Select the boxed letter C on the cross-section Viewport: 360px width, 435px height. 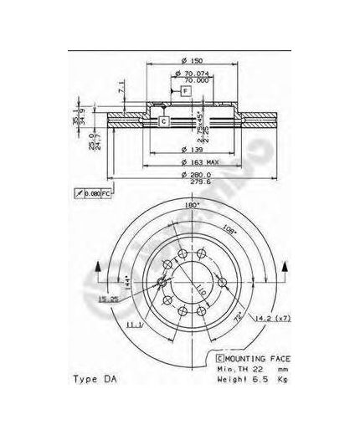pos(164,122)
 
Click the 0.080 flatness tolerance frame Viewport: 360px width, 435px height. pos(88,194)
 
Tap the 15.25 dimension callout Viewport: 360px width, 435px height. pos(106,299)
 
